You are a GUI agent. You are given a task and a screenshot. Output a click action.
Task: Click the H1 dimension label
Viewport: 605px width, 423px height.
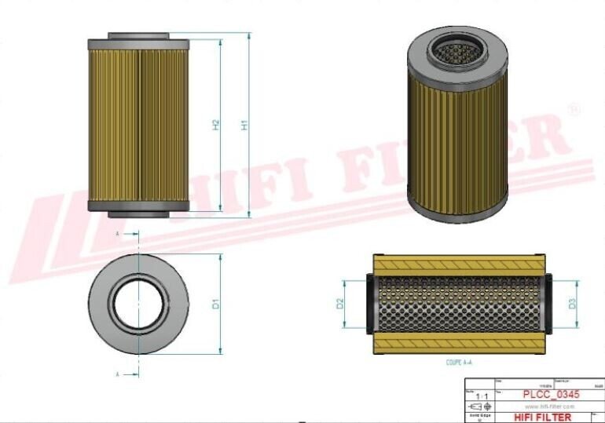click(244, 125)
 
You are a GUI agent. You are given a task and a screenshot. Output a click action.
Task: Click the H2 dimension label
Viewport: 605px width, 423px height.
click(215, 125)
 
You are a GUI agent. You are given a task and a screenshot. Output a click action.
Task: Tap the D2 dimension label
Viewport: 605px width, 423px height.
click(341, 303)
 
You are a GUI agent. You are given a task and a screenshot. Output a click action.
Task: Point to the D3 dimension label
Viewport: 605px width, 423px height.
click(572, 303)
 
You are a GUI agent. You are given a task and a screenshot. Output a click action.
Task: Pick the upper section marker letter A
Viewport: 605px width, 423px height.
click(118, 234)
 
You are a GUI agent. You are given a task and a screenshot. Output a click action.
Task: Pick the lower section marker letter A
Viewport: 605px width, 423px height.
click(118, 375)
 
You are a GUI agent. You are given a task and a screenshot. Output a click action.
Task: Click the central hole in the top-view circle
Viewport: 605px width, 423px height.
click(139, 304)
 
